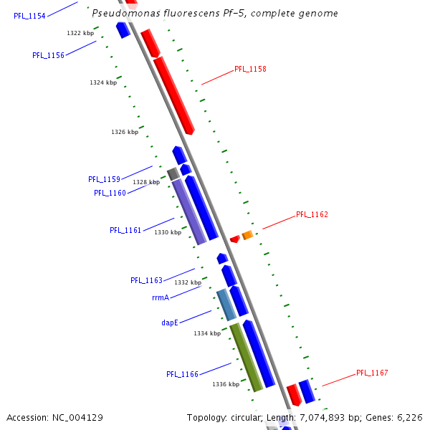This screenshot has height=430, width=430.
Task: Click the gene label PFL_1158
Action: [250, 70]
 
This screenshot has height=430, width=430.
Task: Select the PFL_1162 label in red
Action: [312, 214]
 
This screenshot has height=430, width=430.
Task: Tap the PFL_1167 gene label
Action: [372, 373]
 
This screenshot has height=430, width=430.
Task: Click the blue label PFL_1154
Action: [29, 16]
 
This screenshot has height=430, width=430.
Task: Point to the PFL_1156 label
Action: [48, 55]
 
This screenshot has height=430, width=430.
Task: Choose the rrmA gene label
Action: [161, 297]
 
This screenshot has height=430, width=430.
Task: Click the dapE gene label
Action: [169, 322]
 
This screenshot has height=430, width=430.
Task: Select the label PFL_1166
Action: [182, 374]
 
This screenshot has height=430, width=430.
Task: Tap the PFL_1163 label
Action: [146, 280]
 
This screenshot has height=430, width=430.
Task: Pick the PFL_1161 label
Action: [125, 230]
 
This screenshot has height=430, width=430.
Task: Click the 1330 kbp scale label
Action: [168, 232]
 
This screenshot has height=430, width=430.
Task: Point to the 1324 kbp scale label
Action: [103, 82]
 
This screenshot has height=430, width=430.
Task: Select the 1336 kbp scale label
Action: [226, 384]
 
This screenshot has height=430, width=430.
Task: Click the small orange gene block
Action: [247, 235]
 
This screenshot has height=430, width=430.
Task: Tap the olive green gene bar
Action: [246, 357]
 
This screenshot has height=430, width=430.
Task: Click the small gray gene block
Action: [173, 173]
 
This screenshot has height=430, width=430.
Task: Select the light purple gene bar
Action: [189, 212]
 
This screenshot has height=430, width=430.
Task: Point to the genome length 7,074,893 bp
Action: [343, 417]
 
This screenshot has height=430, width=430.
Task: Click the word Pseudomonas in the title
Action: [123, 14]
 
